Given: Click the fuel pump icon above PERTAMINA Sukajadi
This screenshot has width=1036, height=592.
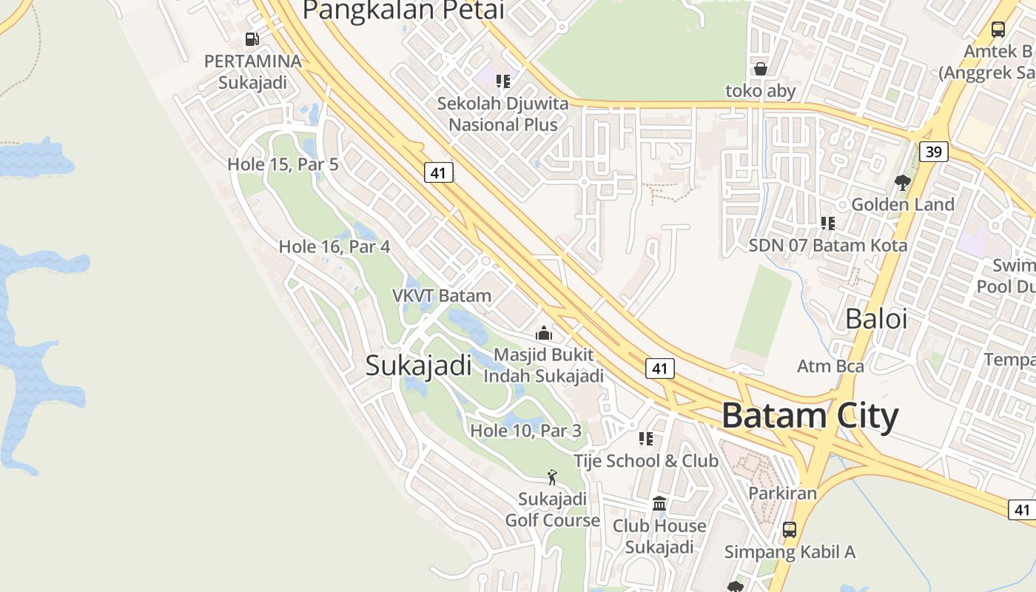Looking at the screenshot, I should pyautogui.click(x=252, y=39).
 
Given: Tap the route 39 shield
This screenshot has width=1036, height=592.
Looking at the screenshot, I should pyautogui.click(x=933, y=152).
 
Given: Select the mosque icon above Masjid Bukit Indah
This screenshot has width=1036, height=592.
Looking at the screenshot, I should pyautogui.click(x=544, y=334).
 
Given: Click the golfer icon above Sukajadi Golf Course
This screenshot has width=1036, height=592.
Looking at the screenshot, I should pyautogui.click(x=551, y=477).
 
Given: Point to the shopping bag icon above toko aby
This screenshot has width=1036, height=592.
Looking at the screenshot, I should pyautogui.click(x=760, y=70).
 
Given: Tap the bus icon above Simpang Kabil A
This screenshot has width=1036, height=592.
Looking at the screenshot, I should pyautogui.click(x=790, y=530).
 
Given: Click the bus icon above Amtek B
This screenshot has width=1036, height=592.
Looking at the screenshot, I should pyautogui.click(x=998, y=30).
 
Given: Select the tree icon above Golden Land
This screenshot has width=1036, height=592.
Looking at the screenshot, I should pyautogui.click(x=902, y=182).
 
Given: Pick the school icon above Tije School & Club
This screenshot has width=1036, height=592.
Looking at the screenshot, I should pyautogui.click(x=646, y=439).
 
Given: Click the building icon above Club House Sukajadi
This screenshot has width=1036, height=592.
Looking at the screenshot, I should pyautogui.click(x=659, y=504).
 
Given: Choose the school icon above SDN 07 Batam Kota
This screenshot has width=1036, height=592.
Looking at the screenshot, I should pyautogui.click(x=827, y=223).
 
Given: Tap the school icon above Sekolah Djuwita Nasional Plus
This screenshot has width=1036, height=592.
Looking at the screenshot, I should pyautogui.click(x=503, y=81).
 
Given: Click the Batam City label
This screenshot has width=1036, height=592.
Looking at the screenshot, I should pyautogui.click(x=810, y=416).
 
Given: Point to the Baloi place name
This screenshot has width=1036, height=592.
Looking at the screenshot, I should pyautogui.click(x=876, y=319).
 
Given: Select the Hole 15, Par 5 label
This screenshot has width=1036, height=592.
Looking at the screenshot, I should pyautogui.click(x=283, y=164).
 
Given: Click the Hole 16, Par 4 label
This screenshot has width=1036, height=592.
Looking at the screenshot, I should pyautogui.click(x=334, y=246).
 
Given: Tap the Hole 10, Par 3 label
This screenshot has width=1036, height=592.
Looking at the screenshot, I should pyautogui.click(x=525, y=430).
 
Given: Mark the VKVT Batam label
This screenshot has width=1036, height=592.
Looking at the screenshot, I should pyautogui.click(x=441, y=296).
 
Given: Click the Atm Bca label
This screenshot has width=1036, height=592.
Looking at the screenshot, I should pyautogui.click(x=830, y=366).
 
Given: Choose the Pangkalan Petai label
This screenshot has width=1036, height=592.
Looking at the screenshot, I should pyautogui.click(x=403, y=10).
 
